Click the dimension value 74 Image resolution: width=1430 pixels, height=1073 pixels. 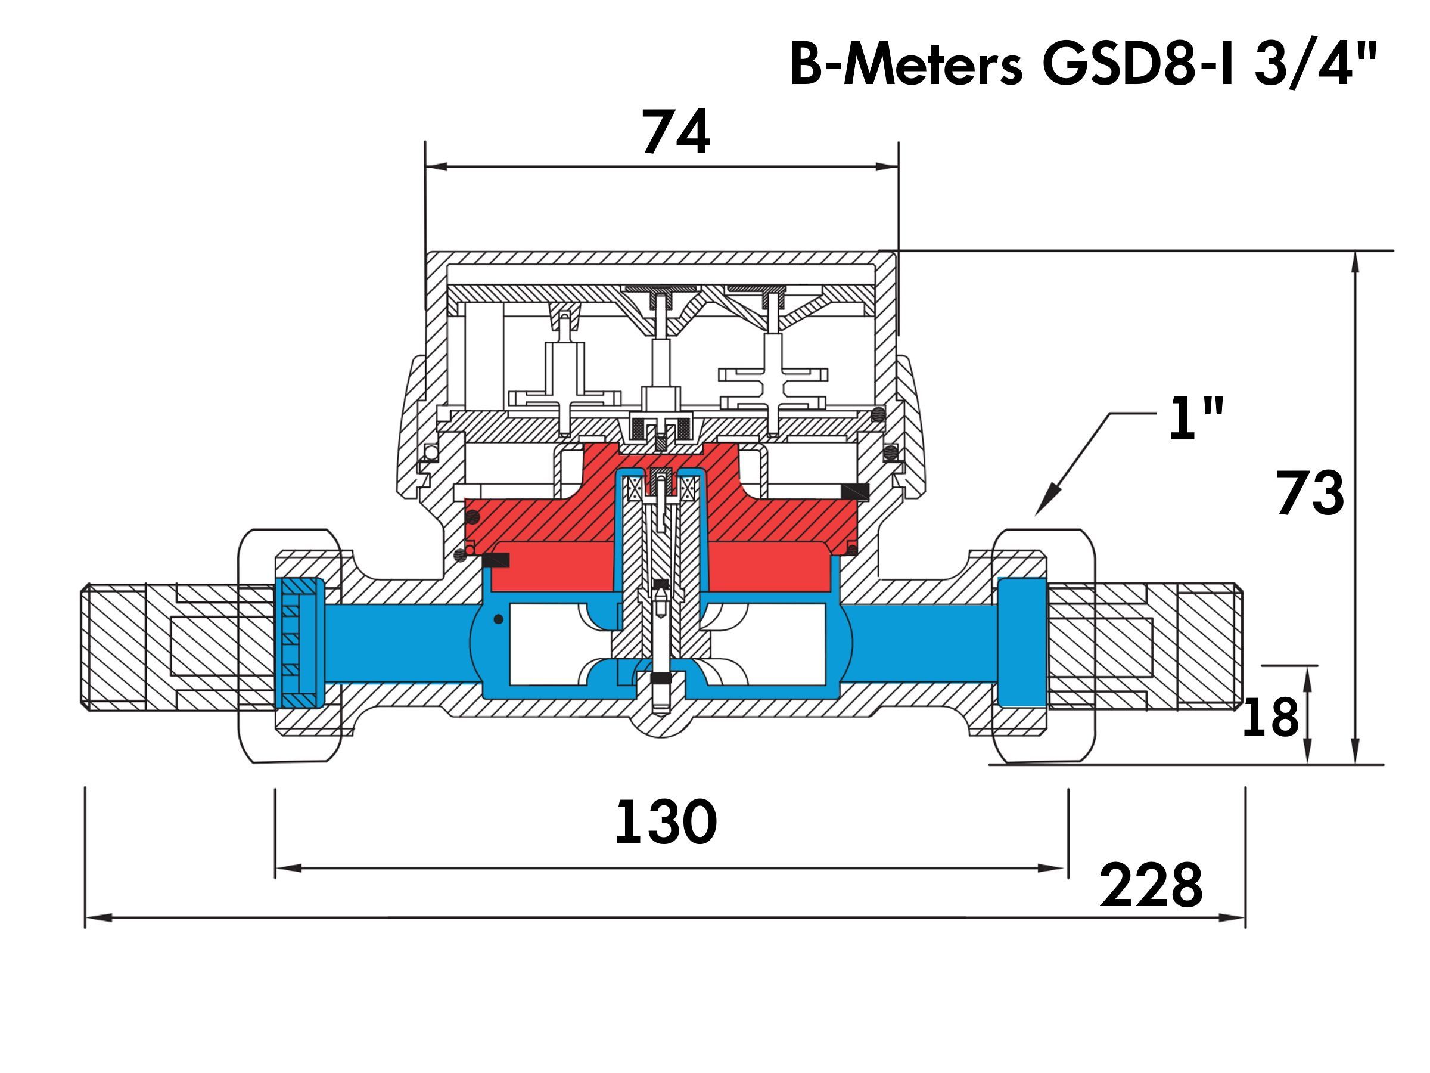(x=676, y=132)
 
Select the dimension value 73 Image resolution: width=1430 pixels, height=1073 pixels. (x=1310, y=493)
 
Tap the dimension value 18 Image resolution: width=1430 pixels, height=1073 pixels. (x=1270, y=717)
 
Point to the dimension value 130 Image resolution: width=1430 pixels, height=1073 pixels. (x=666, y=822)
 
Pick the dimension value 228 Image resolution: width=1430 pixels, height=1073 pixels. (x=1151, y=885)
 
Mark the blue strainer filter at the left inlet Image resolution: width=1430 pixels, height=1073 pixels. (x=300, y=642)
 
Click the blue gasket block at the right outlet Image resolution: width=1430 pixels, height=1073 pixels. (x=1022, y=641)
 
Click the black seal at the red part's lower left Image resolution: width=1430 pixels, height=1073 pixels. (x=496, y=561)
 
